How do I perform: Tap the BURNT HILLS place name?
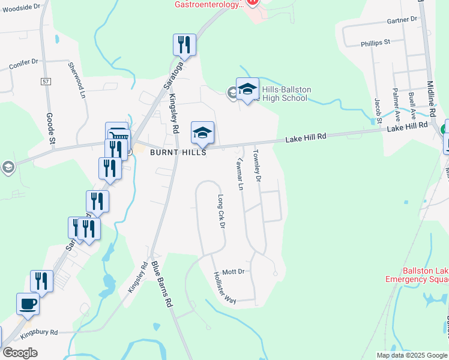point(179,153)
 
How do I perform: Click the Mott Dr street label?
point(233,271)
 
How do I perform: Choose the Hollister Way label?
point(225,288)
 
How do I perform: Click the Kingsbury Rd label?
point(38,332)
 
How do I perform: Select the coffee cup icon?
point(28,304)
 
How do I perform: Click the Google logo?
point(20,353)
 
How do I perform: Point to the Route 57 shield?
point(46,80)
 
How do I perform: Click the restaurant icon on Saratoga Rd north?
point(184,45)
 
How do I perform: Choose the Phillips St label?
point(375,43)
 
